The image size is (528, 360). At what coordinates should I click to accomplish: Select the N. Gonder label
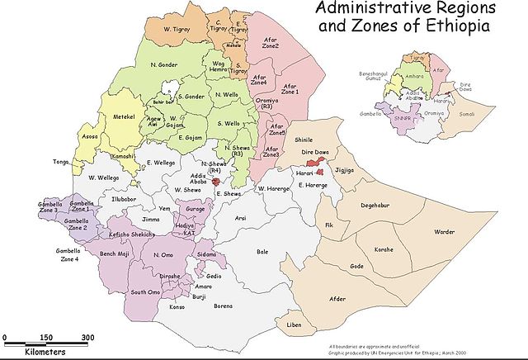click(x=165, y=64)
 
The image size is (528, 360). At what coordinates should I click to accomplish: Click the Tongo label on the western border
click(x=60, y=162)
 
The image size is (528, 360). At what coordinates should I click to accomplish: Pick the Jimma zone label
click(x=150, y=220)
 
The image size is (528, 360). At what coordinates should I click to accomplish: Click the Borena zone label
click(x=223, y=306)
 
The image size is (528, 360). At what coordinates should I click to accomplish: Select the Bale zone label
click(x=263, y=251)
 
